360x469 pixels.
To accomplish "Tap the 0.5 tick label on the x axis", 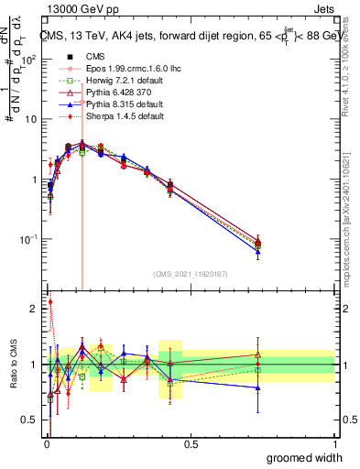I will tap(191, 443).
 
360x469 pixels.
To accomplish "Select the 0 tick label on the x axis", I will tap(46, 443).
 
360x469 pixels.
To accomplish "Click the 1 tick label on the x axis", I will tap(334, 443).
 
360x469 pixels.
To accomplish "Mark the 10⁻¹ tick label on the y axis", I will tap(27, 239).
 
